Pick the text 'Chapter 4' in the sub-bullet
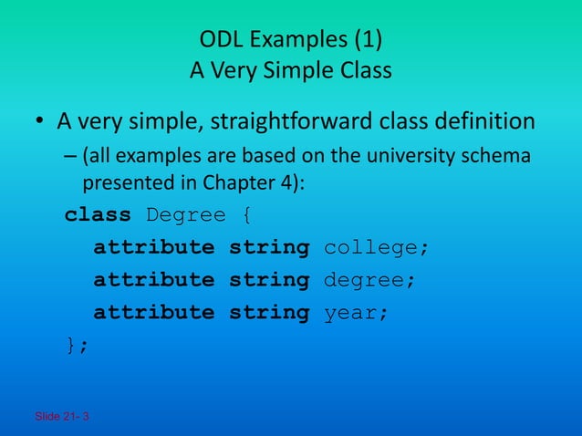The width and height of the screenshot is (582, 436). click(253, 183)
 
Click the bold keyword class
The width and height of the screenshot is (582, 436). click(99, 216)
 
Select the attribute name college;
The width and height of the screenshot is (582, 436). click(376, 248)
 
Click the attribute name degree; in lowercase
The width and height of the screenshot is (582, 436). click(370, 280)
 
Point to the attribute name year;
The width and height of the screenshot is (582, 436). click(357, 312)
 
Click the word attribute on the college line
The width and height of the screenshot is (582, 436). click(154, 248)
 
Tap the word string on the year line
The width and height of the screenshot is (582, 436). click(269, 312)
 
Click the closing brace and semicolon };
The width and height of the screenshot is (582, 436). click(77, 344)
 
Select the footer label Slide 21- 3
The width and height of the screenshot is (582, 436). click(62, 417)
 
